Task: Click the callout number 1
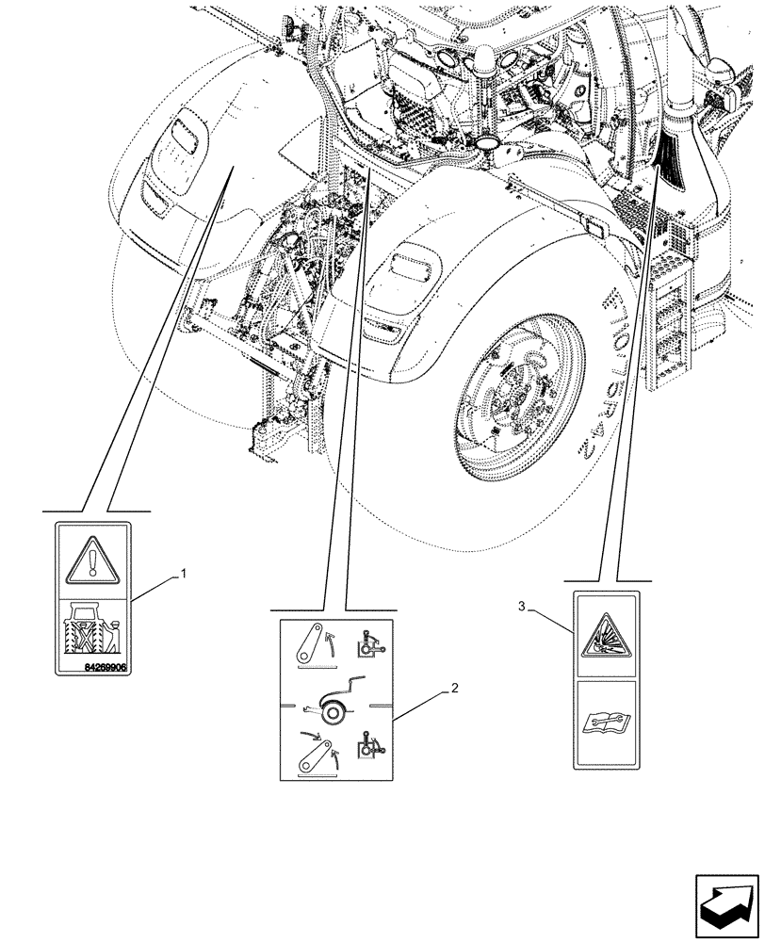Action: [x=184, y=573]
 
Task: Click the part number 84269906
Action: [x=92, y=665]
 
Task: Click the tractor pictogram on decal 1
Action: [x=92, y=629]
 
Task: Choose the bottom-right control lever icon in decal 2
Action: [x=366, y=751]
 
